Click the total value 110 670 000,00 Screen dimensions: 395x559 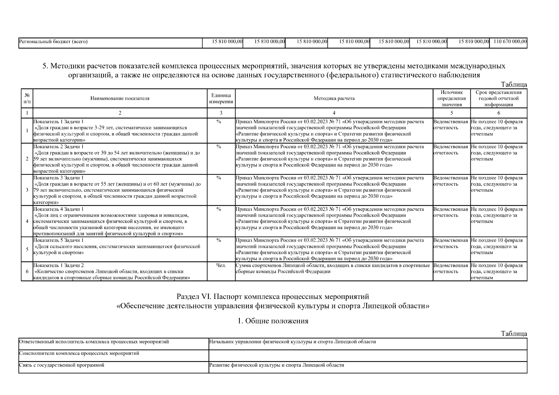pos(510,41)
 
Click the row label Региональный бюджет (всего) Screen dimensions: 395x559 pos(53,41)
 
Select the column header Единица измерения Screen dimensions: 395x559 pos(221,98)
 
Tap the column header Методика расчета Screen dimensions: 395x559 pos(334,98)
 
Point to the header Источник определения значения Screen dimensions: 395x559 pos(452,98)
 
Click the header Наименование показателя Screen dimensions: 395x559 pos(120,98)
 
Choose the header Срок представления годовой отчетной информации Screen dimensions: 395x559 pos(499,98)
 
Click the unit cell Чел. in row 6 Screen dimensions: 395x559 pos(221,265)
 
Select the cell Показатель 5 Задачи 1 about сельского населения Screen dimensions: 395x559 pos(117,247)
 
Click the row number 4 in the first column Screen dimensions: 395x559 pos(27,221)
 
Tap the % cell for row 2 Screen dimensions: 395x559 pos(219,146)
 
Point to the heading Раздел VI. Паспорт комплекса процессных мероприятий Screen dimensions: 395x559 pos(273,297)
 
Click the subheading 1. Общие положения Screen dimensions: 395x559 pos(273,321)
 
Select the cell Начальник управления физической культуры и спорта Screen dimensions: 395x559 pos(292,342)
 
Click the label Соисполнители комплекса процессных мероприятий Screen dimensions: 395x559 pos(79,354)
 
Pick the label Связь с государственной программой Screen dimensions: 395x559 pos(62,365)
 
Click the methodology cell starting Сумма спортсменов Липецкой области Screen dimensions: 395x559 pos(333,268)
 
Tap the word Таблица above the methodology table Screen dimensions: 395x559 pos(514,85)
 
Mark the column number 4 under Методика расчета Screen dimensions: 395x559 pos(334,113)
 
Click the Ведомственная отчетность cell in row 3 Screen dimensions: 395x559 pos(450,181)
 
